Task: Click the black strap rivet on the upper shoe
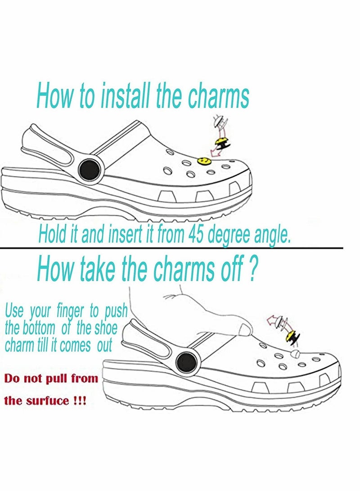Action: [x=87, y=170]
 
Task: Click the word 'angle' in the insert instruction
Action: [x=272, y=236]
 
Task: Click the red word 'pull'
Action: [x=52, y=378]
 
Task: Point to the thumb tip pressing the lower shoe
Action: [x=245, y=330]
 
